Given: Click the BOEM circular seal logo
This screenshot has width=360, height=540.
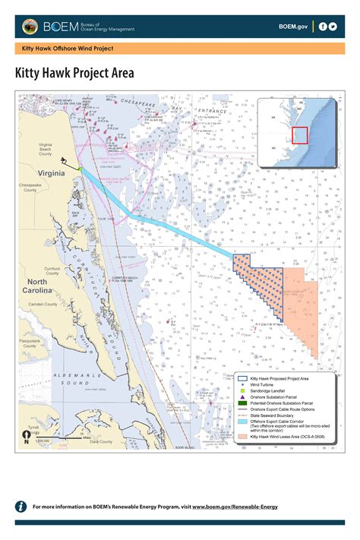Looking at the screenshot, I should point(30,27).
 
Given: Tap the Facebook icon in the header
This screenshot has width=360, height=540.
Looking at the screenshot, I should point(323,27).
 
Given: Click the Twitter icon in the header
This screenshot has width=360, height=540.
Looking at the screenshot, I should point(333,27).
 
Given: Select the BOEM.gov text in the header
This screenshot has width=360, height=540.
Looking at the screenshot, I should point(293,27).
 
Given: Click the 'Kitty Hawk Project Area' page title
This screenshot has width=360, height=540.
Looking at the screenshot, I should point(74,73).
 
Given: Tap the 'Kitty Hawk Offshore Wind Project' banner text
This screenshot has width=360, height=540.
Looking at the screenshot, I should point(68,49).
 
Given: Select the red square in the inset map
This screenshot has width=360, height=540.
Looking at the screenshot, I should point(300,135).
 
